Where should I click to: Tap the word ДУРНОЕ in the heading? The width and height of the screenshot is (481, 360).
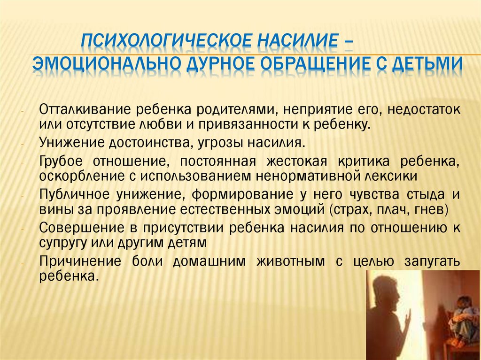point(216,63)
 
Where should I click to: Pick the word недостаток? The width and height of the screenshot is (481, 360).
point(424,110)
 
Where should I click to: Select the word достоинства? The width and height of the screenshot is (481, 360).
point(149,143)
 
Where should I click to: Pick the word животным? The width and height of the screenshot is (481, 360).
point(290,261)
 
